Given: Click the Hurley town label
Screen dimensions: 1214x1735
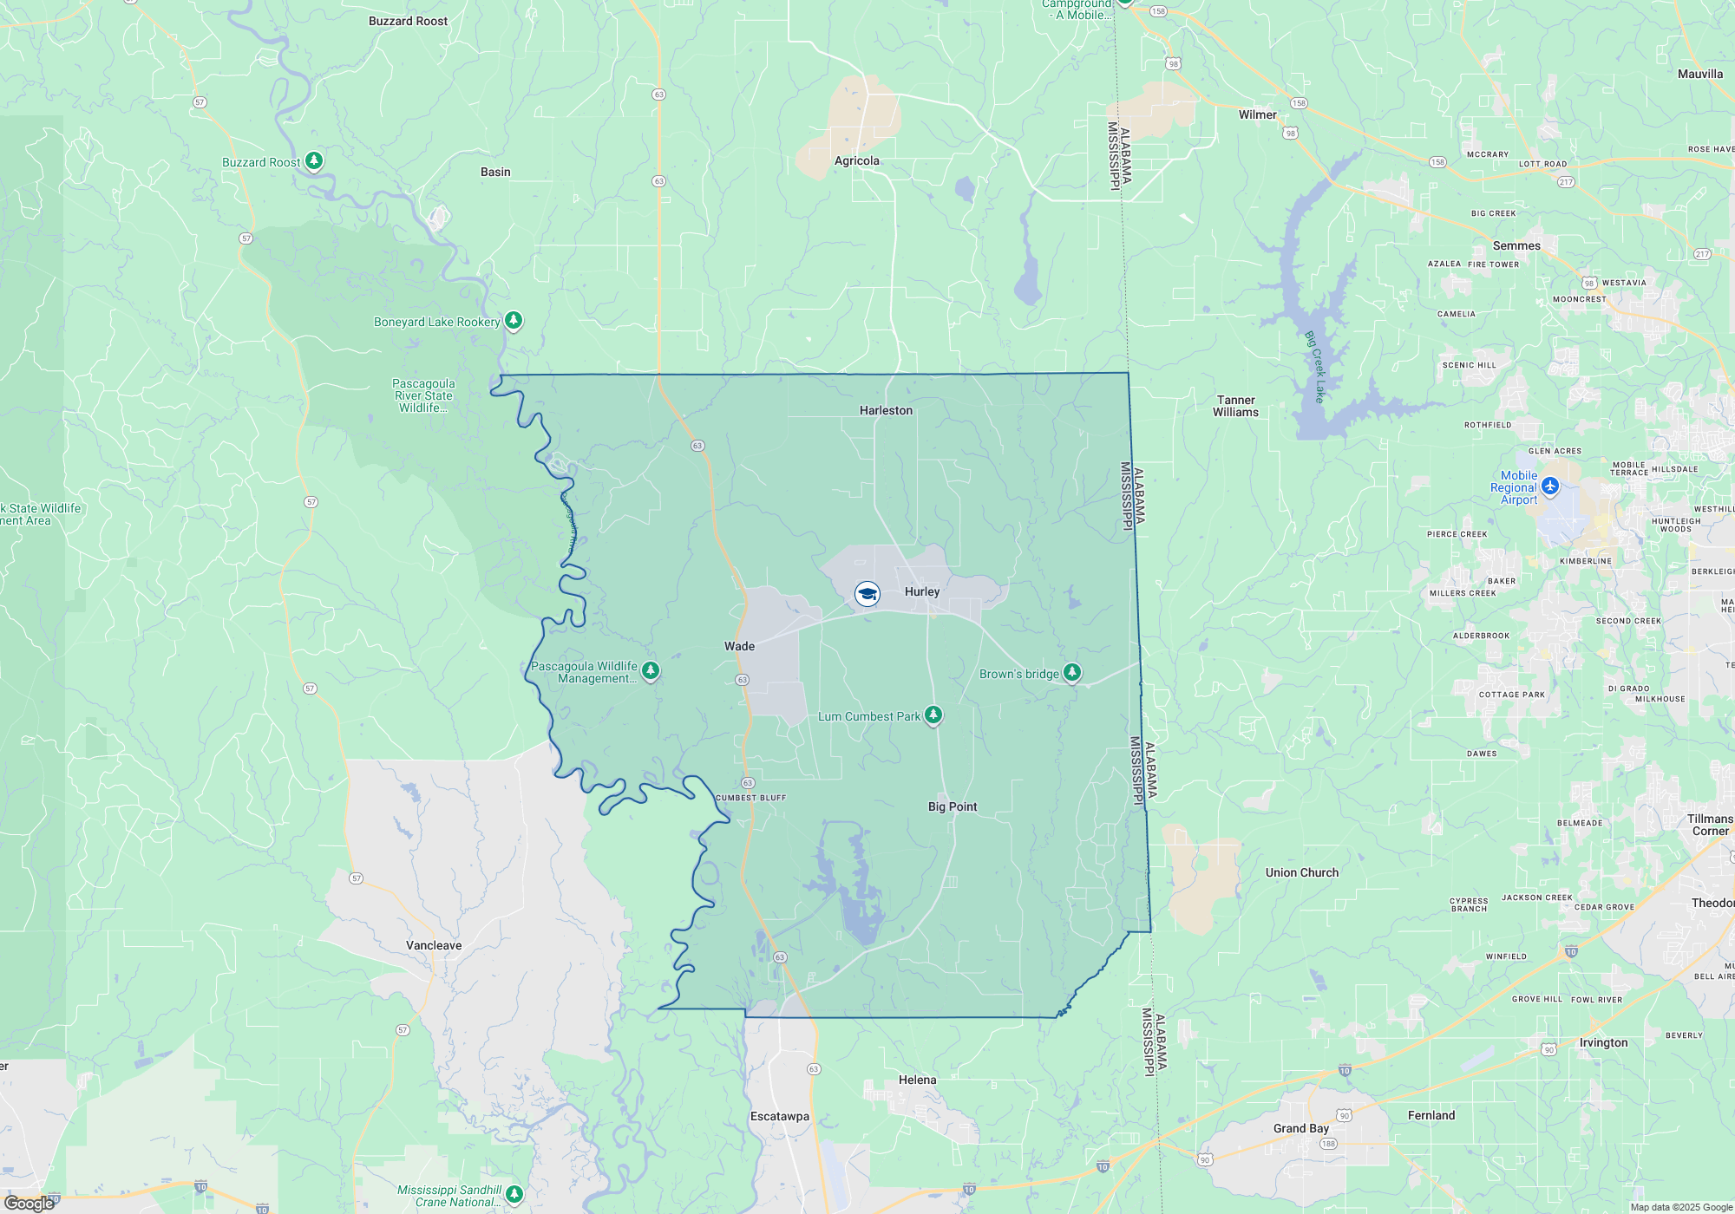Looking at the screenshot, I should [921, 591].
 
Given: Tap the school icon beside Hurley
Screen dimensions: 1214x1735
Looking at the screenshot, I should [867, 593].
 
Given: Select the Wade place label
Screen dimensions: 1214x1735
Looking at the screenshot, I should [739, 646].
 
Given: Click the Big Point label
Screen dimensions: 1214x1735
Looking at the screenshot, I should [952, 806].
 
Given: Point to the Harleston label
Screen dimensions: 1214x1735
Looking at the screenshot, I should [886, 410].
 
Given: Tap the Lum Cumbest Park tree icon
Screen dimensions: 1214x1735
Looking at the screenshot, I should [933, 715].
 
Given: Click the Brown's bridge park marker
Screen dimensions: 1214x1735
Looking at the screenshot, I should [1072, 672].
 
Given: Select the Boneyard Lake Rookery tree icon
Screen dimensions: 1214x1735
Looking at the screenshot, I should [514, 321].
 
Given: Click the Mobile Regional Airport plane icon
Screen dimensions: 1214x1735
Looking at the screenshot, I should [1550, 487].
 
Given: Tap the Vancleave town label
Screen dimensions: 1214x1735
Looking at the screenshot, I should [434, 945].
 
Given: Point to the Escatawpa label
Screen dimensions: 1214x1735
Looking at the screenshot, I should [779, 1116].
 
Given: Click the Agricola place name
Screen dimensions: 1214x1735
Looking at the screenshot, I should [856, 160].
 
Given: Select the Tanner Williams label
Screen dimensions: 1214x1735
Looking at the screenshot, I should [1235, 406].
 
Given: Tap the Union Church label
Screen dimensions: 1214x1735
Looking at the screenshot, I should [1301, 872].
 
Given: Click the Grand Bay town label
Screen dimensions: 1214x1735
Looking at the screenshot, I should [1300, 1128].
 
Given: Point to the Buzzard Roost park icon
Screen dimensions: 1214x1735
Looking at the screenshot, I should [314, 160].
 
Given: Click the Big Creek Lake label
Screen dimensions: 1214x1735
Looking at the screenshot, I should [1315, 367].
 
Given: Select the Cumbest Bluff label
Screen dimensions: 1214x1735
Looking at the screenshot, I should [750, 798].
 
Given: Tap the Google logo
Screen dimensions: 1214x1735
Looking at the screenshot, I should [29, 1204].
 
